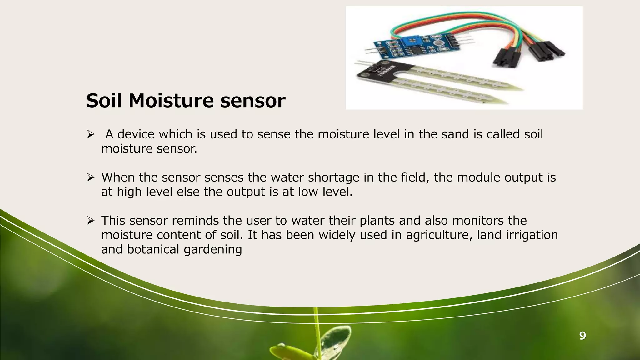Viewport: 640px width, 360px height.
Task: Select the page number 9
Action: [582, 336]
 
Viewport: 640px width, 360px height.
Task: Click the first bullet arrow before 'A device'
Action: [91, 135]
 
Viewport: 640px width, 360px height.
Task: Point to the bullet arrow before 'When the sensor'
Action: [91, 178]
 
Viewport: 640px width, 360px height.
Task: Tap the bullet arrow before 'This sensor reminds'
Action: [91, 221]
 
